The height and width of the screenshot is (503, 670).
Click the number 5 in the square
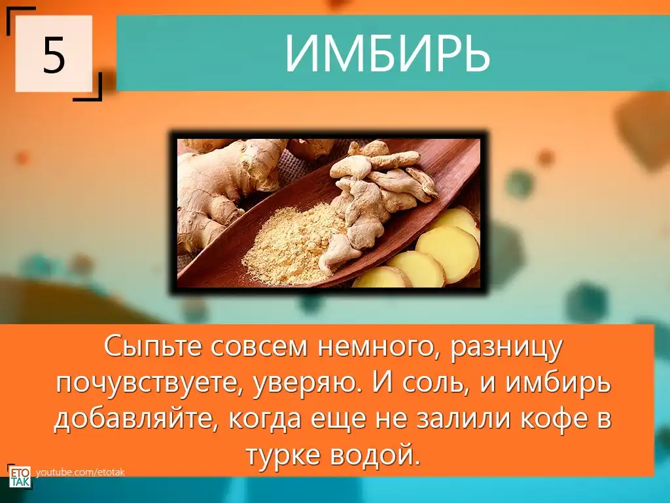[x=54, y=55]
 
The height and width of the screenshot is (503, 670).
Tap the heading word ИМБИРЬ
[x=387, y=53]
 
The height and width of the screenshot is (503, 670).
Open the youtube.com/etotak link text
[x=80, y=473]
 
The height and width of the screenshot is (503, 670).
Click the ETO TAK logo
[x=20, y=477]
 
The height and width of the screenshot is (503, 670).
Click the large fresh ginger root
[x=222, y=188]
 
